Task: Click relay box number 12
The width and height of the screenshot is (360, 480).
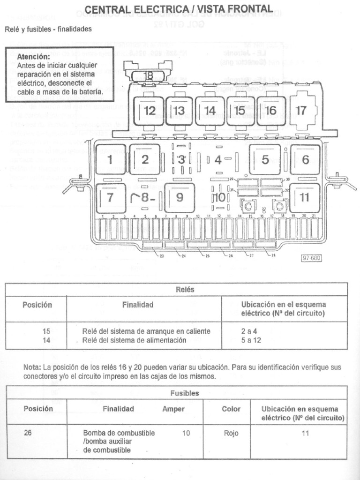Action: tap(149, 111)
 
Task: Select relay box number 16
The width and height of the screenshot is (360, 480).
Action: tap(271, 111)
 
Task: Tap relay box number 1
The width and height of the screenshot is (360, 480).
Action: tap(110, 159)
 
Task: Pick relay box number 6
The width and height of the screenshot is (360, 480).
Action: tap(305, 159)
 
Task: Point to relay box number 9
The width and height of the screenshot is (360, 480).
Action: tap(180, 197)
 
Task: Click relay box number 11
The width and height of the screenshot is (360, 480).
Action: tap(305, 197)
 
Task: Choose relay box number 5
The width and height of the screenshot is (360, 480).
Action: tap(265, 159)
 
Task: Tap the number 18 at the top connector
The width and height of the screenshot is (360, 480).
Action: tap(149, 75)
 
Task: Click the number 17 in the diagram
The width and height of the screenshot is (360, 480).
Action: tap(301, 111)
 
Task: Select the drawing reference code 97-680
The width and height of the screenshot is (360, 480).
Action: tap(312, 257)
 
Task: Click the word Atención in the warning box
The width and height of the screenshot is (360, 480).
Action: tap(33, 57)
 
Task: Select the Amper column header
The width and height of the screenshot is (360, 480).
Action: tap(173, 409)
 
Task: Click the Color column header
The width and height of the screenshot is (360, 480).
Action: tap(231, 409)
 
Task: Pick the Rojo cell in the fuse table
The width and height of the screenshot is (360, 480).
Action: tap(231, 433)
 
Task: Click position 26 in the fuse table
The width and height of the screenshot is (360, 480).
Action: tap(28, 433)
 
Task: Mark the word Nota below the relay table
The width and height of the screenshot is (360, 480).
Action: tap(32, 367)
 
